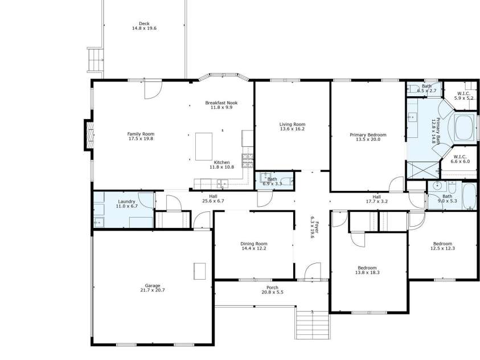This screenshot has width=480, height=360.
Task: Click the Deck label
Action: click(144, 23)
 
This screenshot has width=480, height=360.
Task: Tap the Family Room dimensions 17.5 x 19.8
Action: click(141, 138)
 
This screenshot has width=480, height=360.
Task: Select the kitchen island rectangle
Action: click(204, 146)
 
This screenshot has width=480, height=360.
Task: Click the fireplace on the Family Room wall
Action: click(89, 135)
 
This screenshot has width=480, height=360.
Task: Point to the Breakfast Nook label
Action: click(221, 103)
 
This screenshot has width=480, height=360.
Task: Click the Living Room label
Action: click(292, 124)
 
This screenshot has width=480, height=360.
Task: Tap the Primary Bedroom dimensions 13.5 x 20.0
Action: click(368, 140)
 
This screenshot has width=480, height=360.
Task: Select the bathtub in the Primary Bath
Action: click(465, 128)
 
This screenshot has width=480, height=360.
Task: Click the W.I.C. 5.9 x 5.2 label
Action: click(464, 96)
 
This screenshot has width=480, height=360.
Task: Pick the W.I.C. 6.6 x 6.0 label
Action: click(460, 159)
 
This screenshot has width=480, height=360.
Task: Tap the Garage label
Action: click(153, 285)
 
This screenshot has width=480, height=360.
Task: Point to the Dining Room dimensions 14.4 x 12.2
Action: click(254, 248)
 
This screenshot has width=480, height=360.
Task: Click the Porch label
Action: click(272, 288)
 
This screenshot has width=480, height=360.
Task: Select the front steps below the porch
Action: click(313, 325)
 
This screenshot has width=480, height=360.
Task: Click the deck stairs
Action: click(95, 60)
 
